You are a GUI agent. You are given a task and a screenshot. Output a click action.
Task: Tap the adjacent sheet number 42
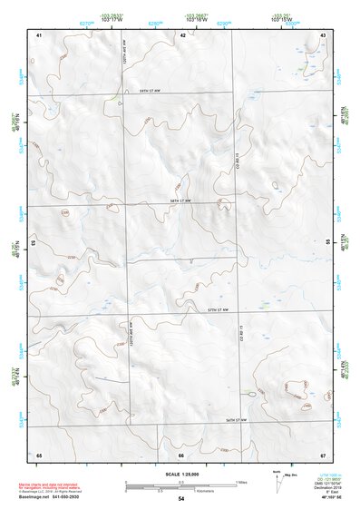click(x=182, y=34)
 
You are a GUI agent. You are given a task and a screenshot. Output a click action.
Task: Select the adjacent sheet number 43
click(x=323, y=34)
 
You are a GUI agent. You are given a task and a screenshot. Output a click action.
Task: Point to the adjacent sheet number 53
click(x=34, y=243)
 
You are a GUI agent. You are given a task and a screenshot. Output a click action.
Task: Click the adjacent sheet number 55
click(x=327, y=242)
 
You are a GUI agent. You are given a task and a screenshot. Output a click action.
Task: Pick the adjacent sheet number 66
click(x=181, y=455)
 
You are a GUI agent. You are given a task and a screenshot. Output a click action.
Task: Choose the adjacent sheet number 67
click(x=323, y=455)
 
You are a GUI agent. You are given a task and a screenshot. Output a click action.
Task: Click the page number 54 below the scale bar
click(x=180, y=499)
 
